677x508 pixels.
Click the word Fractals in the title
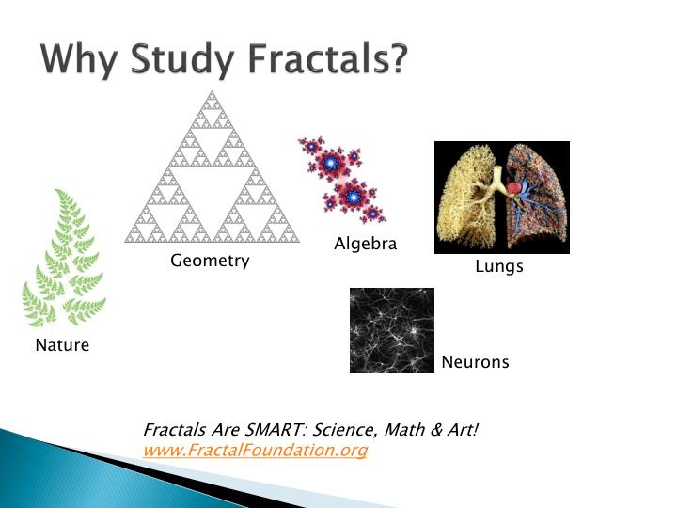314,59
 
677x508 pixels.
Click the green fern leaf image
63,259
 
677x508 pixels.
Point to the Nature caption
62,345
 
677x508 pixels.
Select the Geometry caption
210,261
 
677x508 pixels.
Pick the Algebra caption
365,245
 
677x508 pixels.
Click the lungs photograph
501,198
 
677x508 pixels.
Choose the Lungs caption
498,267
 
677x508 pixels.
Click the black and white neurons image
391,330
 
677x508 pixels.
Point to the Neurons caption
475,362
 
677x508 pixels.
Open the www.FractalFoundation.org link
255,451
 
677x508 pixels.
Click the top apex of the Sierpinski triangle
212,90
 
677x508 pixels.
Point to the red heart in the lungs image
515,188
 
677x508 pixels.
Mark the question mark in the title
399,59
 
